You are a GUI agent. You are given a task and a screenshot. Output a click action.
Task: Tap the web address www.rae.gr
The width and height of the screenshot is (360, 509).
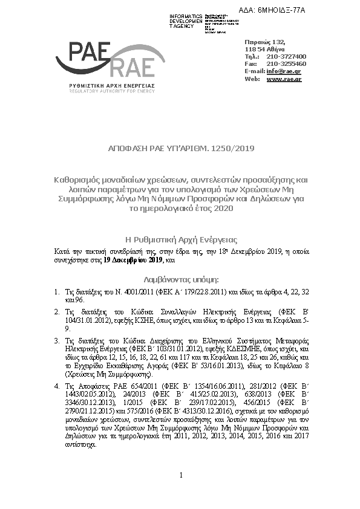pyautogui.click(x=284, y=79)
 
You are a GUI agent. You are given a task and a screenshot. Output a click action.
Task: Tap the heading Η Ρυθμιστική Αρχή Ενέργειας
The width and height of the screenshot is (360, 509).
pyautogui.click(x=180, y=239)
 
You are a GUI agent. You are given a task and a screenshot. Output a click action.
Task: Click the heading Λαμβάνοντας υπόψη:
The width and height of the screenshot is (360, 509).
pyautogui.click(x=180, y=280)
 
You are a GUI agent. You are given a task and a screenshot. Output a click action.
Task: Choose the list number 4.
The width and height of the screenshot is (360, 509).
pyautogui.click(x=57, y=384)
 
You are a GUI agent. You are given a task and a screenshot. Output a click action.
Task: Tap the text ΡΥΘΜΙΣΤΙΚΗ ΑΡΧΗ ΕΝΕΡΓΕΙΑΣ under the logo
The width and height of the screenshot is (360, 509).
pyautogui.click(x=112, y=86)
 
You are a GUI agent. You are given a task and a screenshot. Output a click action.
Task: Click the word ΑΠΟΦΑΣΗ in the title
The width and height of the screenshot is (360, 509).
pyautogui.click(x=127, y=148)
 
